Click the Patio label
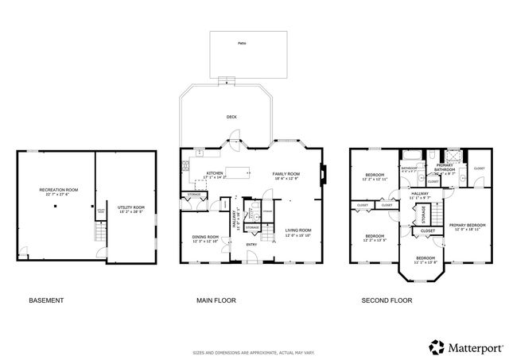(x=242, y=44)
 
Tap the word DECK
(x=231, y=117)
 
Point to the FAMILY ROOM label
(x=286, y=175)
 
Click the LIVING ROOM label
(x=298, y=231)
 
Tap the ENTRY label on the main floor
(x=251, y=244)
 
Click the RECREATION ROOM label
(x=60, y=191)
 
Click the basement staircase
(x=100, y=232)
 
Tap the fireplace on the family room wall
(x=324, y=172)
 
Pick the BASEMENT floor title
(x=46, y=300)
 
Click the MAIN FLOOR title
(x=216, y=300)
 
